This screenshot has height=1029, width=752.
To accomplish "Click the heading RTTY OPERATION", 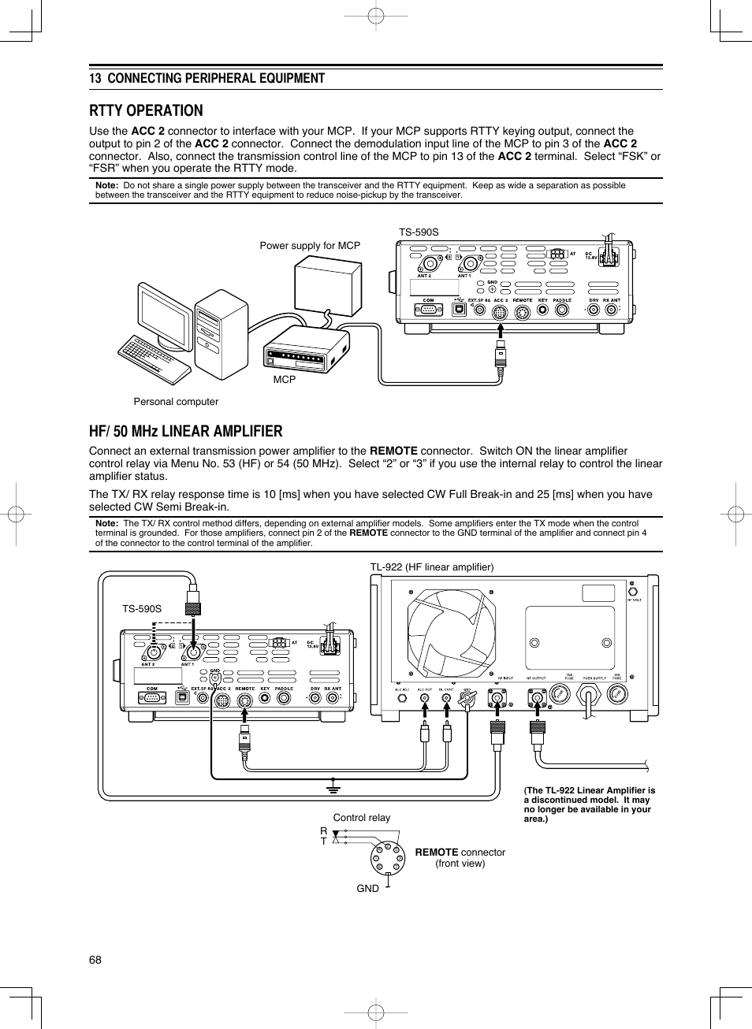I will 146,110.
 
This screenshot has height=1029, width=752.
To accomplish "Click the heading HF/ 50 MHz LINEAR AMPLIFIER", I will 185,431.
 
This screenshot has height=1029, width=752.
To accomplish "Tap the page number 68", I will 95,960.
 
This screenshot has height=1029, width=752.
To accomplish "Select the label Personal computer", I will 176,402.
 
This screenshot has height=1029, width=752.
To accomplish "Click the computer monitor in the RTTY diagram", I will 165,316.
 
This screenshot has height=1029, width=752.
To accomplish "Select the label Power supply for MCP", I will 310,246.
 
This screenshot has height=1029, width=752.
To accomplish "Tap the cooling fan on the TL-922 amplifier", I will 451,633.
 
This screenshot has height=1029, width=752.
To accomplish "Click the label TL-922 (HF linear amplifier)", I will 432,567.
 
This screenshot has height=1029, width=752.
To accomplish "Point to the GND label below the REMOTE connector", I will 367,889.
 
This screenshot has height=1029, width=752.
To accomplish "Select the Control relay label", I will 361,818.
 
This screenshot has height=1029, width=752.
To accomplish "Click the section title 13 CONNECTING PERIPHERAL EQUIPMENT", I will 207,78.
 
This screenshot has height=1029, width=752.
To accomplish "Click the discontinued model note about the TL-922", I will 590,804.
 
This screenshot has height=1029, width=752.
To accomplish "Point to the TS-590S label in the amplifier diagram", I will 142,609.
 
